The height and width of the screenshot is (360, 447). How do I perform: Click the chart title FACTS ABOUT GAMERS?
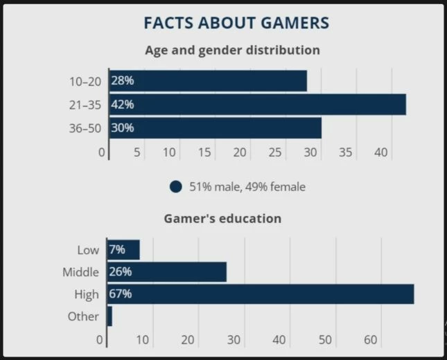pyautogui.click(x=236, y=23)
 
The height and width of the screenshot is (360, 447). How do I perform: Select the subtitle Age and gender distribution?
pyautogui.click(x=232, y=51)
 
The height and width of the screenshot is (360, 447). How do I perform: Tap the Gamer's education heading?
pyautogui.click(x=222, y=218)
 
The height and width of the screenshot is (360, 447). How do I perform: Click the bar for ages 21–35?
pyautogui.click(x=257, y=105)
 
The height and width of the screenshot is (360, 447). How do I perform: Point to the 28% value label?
pyautogui.click(x=123, y=81)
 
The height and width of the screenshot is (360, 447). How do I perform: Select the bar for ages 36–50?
pyautogui.click(x=215, y=128)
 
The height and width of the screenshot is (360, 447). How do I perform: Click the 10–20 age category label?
pyautogui.click(x=85, y=81)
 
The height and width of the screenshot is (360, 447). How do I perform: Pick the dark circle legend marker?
pyautogui.click(x=175, y=187)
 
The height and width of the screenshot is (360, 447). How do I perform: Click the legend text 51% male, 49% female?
pyautogui.click(x=247, y=187)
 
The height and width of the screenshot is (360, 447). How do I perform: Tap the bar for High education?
pyautogui.click(x=260, y=294)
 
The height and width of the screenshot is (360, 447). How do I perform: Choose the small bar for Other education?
pyautogui.click(x=109, y=316)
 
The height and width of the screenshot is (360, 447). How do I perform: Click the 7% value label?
pyautogui.click(x=117, y=250)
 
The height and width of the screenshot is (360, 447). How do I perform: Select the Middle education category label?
pyautogui.click(x=80, y=272)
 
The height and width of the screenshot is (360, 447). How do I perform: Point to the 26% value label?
pyautogui.click(x=121, y=272)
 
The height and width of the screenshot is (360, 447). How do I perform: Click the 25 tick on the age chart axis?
pyautogui.click(x=275, y=152)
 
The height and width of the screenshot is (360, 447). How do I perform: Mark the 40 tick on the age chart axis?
pyautogui.click(x=380, y=152)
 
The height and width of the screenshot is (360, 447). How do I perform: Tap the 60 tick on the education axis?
pyautogui.click(x=371, y=340)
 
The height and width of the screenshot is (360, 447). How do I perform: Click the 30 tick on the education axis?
pyautogui.click(x=234, y=340)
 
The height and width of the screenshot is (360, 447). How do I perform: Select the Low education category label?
pyautogui.click(x=88, y=250)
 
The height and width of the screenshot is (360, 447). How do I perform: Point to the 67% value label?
pyautogui.click(x=121, y=294)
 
